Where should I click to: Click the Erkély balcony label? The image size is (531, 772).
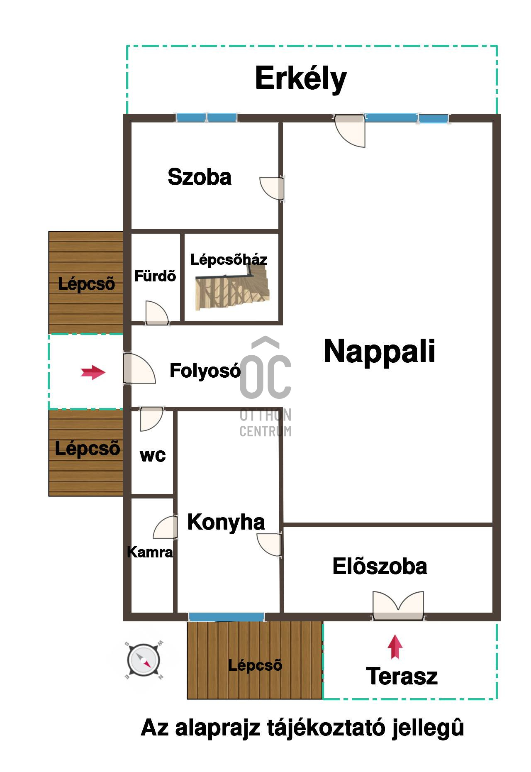point(301,79)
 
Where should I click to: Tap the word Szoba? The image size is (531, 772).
point(200,177)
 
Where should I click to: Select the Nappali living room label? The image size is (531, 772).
point(380,351)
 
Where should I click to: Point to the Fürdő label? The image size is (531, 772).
point(155,276)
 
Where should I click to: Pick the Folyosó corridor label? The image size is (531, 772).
point(205,370)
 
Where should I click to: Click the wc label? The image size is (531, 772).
point(153,455)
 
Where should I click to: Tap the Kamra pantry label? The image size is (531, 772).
point(150,552)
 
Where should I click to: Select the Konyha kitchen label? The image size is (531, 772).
point(226,522)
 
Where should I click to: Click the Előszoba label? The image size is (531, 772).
point(380,567)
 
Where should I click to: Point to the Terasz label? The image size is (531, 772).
point(402,676)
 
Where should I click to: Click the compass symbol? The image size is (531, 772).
point(144,660)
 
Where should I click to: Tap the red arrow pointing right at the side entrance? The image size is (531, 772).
point(93,372)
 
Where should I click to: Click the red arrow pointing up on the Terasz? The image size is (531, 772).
point(395,647)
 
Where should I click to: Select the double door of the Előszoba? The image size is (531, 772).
point(398,606)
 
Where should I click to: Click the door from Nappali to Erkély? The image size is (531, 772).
point(350,130)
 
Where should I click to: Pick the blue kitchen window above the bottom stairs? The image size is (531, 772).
point(227,617)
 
